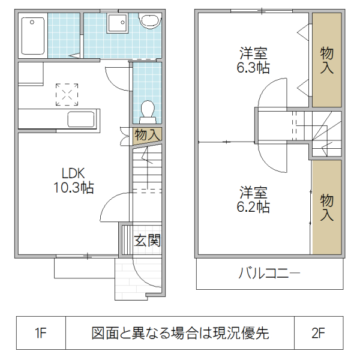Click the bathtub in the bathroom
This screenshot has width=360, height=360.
point(33,36)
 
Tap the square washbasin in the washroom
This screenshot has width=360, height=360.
point(116,24)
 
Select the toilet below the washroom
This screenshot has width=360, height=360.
point(146,112)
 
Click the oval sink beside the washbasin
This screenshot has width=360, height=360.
point(149,22)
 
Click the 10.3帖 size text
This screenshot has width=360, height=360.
point(73,188)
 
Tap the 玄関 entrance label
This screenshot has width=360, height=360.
point(147,241)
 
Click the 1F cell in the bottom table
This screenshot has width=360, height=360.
point(40,332)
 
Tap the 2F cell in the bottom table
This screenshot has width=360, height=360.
point(319,332)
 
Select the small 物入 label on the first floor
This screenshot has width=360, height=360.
point(146,135)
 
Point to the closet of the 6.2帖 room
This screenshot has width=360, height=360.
point(326,207)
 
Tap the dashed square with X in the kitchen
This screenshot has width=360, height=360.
point(67,93)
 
